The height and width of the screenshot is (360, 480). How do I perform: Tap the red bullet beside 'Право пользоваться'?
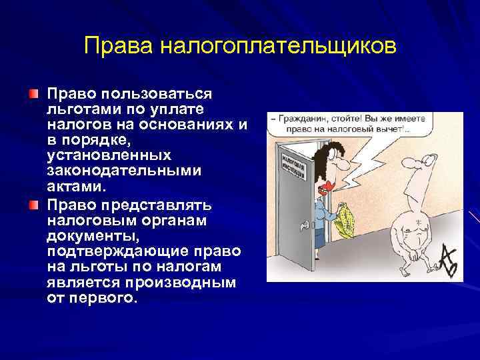pos(34,89)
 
